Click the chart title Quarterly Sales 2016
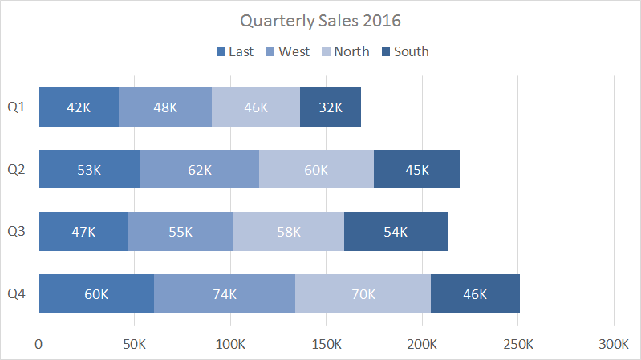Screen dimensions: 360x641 [321, 20]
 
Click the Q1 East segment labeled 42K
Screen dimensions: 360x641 [79, 107]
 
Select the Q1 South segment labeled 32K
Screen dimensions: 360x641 [331, 107]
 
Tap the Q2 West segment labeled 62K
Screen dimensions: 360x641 [200, 170]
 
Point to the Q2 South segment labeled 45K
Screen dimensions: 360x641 [416, 170]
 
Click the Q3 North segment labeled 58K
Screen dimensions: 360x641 [288, 232]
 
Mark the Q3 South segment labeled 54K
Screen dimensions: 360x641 [396, 232]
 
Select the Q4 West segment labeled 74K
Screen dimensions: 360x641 [225, 293]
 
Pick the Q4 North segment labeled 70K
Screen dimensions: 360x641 [363, 293]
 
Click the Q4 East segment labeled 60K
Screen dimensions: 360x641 [96, 293]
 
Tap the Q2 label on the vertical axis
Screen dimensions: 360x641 [17, 170]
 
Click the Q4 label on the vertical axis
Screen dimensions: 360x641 [17, 294]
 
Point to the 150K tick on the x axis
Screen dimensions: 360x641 [327, 345]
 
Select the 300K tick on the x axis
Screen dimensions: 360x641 [614, 345]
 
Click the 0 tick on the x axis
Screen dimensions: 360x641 [39, 345]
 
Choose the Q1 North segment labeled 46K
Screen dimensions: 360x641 [256, 107]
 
